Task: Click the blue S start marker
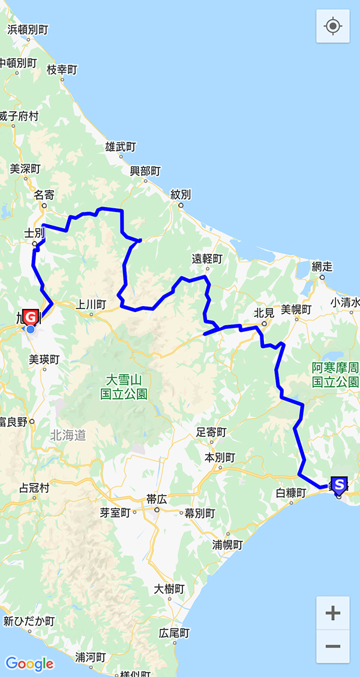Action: pyautogui.click(x=339, y=484)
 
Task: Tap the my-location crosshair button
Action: pyautogui.click(x=333, y=26)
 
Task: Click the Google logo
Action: pyautogui.click(x=29, y=664)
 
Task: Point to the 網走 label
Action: pyautogui.click(x=322, y=266)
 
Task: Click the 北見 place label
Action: pyautogui.click(x=264, y=312)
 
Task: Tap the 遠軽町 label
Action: pyautogui.click(x=207, y=259)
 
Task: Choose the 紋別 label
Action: pyautogui.click(x=181, y=194)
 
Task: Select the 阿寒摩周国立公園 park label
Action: pyautogui.click(x=335, y=375)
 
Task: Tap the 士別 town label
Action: pyautogui.click(x=34, y=232)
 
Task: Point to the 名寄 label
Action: pyautogui.click(x=44, y=194)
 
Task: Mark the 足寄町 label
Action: pyautogui.click(x=212, y=432)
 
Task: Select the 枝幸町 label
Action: pyautogui.click(x=62, y=70)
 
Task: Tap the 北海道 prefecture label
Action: pyautogui.click(x=68, y=435)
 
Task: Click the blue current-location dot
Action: pyautogui.click(x=31, y=329)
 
